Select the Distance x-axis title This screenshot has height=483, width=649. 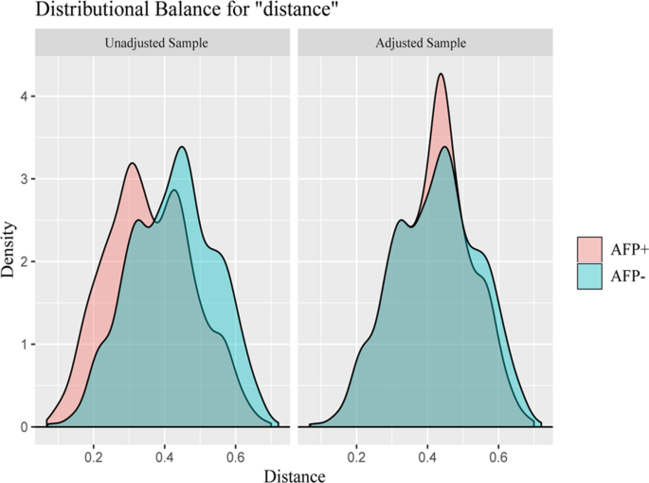tap(295, 473)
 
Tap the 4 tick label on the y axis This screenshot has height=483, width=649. tap(26, 97)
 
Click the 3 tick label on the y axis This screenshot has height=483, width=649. tap(26, 179)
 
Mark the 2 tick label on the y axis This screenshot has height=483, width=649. tap(26, 261)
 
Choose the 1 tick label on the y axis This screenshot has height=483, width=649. tap(26, 344)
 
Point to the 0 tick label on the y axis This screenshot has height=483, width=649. tap(26, 427)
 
